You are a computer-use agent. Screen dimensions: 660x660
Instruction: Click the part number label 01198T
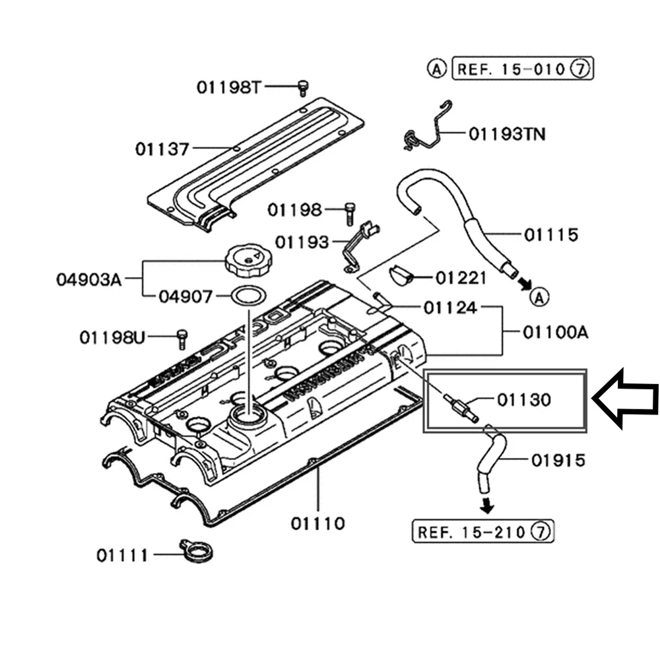tap(229, 86)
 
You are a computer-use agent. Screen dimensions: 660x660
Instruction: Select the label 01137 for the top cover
tap(162, 148)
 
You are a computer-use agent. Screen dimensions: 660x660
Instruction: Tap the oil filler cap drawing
tap(246, 261)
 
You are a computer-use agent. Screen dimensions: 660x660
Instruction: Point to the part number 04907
tap(185, 296)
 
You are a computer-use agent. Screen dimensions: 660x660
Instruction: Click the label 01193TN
tap(507, 134)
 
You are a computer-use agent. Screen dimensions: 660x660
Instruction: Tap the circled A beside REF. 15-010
tap(436, 68)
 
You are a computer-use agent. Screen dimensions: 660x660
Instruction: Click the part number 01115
tap(552, 234)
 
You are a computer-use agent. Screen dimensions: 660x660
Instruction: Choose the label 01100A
tap(555, 332)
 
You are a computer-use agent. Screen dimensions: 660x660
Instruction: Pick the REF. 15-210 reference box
tap(482, 531)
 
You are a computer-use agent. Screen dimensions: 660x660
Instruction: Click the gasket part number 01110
tap(317, 524)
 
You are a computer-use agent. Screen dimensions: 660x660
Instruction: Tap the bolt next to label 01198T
tap(303, 86)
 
